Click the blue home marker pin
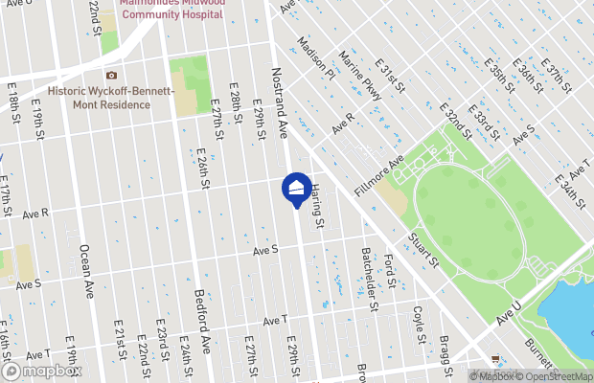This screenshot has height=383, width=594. (296, 188)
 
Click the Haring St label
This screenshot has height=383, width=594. (317, 209)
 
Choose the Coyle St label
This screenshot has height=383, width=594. (418, 324)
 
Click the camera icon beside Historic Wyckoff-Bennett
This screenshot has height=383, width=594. (112, 75)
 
